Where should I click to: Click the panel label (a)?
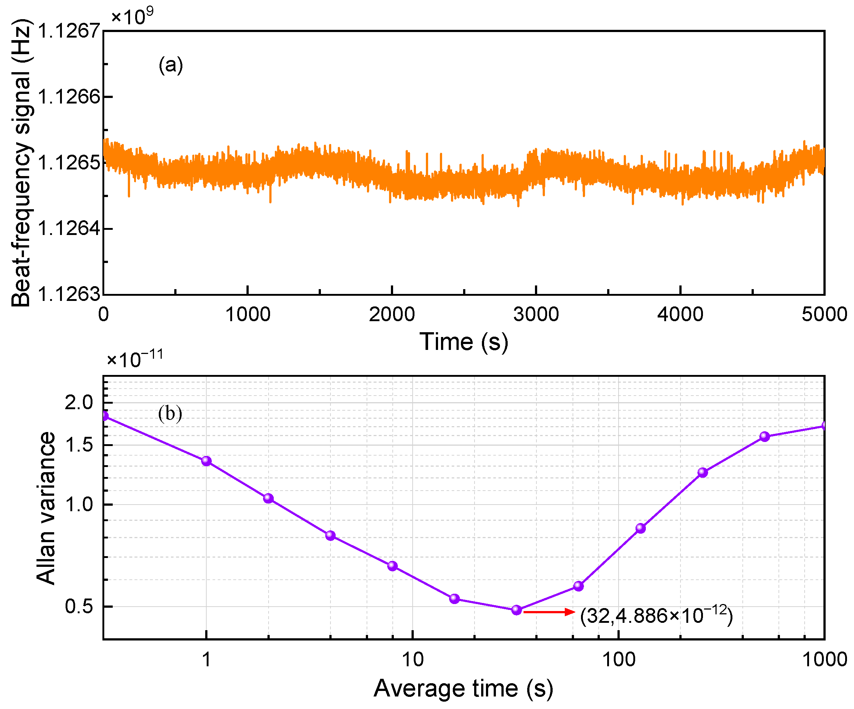(171, 66)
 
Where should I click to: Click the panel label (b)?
(170, 414)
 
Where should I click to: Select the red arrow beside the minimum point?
(549, 612)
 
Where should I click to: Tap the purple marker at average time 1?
(207, 461)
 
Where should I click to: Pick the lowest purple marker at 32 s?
(517, 610)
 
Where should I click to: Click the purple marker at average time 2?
(269, 498)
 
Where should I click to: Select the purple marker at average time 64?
(578, 586)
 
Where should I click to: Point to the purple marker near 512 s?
(764, 436)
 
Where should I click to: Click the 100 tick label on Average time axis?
(619, 659)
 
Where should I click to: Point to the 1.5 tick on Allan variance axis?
(79, 445)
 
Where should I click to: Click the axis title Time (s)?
(463, 341)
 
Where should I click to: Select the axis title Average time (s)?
(463, 688)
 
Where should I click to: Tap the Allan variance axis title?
(46, 508)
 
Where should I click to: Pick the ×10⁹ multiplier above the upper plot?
(132, 17)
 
